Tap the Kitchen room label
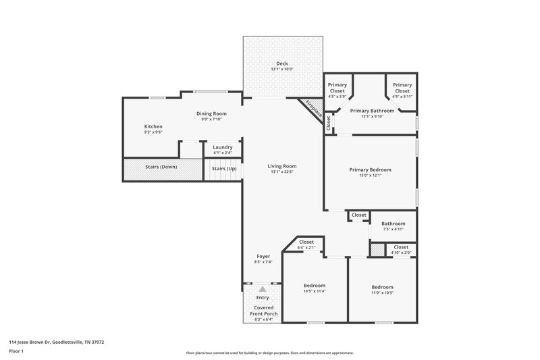[x=153, y=126]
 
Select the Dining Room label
[x=211, y=113]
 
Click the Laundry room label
[x=223, y=147]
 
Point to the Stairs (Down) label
[x=161, y=167]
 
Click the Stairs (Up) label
[x=224, y=168]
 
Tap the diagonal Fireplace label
[x=313, y=109]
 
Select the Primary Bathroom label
[x=372, y=110]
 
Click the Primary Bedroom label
[x=370, y=170]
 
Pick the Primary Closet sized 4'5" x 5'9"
[x=337, y=88]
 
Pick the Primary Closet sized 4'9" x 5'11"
[x=402, y=88]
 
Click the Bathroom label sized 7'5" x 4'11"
[x=393, y=224]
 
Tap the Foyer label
[x=263, y=257]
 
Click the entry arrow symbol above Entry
[x=263, y=288]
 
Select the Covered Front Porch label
[x=263, y=310]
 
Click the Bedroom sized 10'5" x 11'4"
[x=315, y=286]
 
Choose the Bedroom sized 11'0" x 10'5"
[x=382, y=286]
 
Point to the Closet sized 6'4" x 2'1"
[x=306, y=242]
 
